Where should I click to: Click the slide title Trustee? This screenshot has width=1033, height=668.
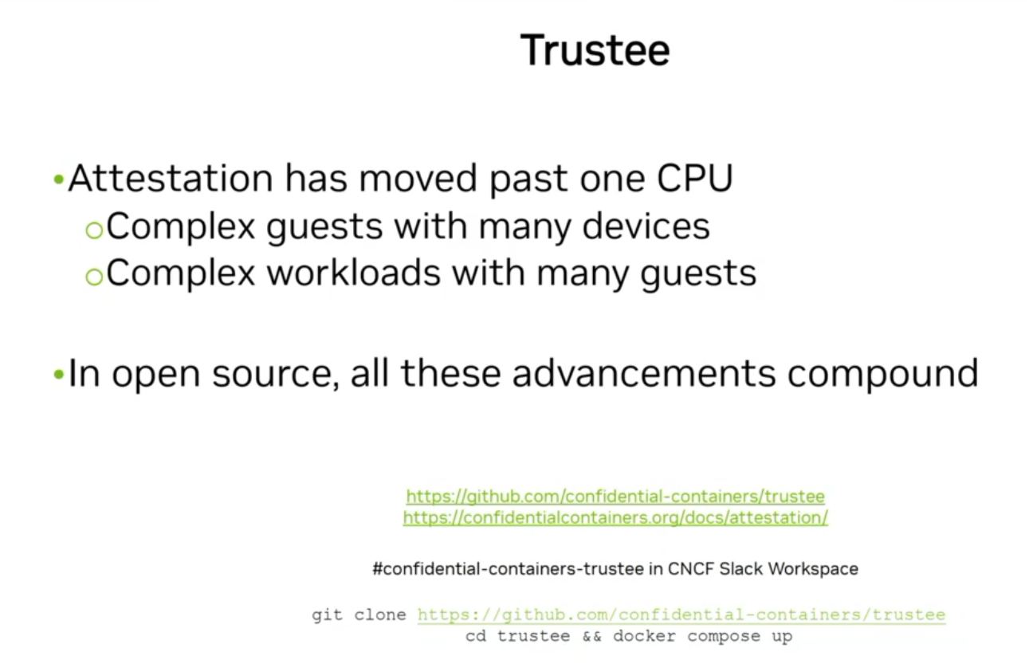point(595,50)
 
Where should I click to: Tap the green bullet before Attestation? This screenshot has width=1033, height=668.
point(58,180)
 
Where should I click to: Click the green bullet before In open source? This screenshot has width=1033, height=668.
point(58,374)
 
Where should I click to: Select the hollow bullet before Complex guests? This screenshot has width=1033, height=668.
point(95,230)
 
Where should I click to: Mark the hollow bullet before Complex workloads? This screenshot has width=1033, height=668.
point(95,277)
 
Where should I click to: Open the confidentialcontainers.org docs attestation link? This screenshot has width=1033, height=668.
point(615,517)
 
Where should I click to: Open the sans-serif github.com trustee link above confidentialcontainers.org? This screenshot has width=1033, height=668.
point(615,497)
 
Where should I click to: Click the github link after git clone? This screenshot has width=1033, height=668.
point(681,615)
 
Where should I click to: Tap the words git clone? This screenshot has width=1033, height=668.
point(359,615)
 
